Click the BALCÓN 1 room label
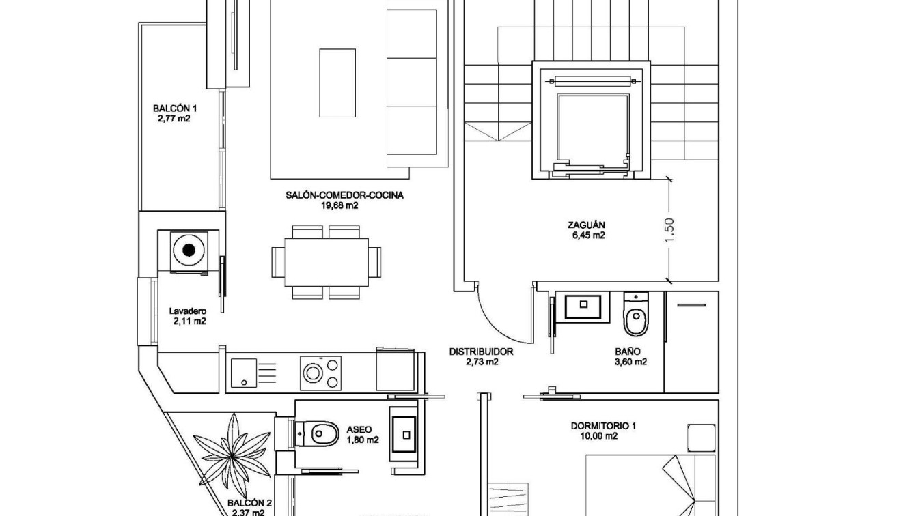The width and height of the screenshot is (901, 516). pyautogui.click(x=175, y=109)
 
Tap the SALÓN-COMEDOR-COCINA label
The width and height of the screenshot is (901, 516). pyautogui.click(x=344, y=195)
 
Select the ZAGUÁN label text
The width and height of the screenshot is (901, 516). pyautogui.click(x=585, y=225)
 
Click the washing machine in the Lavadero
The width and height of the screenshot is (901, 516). pyautogui.click(x=189, y=250)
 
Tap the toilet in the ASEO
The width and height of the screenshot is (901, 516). pyautogui.click(x=318, y=432)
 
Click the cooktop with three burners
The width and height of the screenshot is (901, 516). pyautogui.click(x=320, y=373)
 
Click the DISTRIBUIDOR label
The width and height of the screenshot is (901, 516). pyautogui.click(x=481, y=352)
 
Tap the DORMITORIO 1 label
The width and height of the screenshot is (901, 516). pyautogui.click(x=603, y=426)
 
